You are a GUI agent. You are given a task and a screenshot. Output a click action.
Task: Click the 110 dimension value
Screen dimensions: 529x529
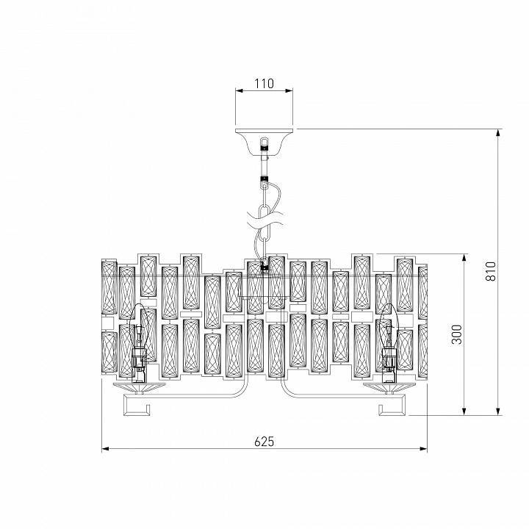tap(264, 84)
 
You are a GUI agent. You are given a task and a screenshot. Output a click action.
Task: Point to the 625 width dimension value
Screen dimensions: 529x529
tap(264, 442)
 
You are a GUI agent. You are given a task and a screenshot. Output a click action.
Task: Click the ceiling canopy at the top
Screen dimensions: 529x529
tap(264, 137)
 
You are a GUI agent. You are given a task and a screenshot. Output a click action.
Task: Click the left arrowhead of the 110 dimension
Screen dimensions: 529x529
tap(238, 91)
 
